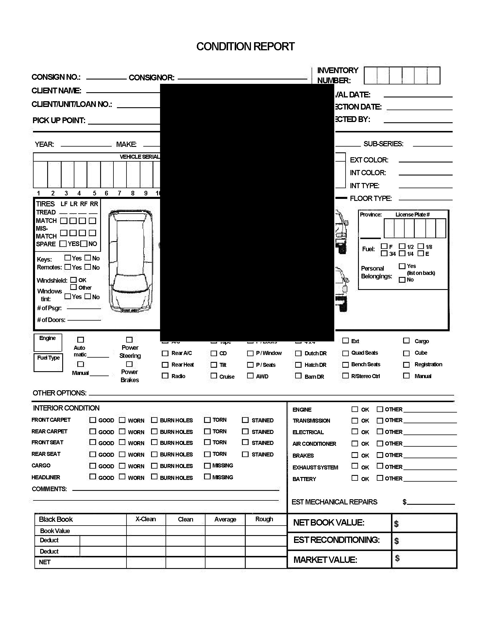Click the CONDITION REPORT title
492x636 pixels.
click(x=245, y=47)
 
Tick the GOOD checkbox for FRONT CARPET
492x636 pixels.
click(x=93, y=420)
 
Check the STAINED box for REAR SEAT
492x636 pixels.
click(x=245, y=454)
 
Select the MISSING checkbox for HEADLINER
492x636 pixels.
click(x=207, y=477)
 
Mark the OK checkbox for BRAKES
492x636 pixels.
click(x=355, y=455)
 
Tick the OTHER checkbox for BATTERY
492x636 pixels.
click(x=380, y=478)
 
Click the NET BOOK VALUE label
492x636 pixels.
click(x=328, y=523)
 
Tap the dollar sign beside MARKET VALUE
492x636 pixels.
click(x=397, y=558)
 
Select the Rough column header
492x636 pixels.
click(x=264, y=519)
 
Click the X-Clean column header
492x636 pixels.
click(x=146, y=519)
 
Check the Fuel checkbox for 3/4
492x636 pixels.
click(x=384, y=253)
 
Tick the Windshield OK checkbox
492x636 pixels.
click(x=74, y=280)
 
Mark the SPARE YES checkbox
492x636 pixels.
click(x=63, y=244)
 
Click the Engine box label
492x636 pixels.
click(x=47, y=338)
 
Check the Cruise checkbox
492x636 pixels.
click(x=214, y=376)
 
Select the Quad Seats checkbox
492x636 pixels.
click(x=345, y=353)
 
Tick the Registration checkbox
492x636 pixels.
click(x=406, y=365)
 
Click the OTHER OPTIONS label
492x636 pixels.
click(x=59, y=393)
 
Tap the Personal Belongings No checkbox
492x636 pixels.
click(x=402, y=280)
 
